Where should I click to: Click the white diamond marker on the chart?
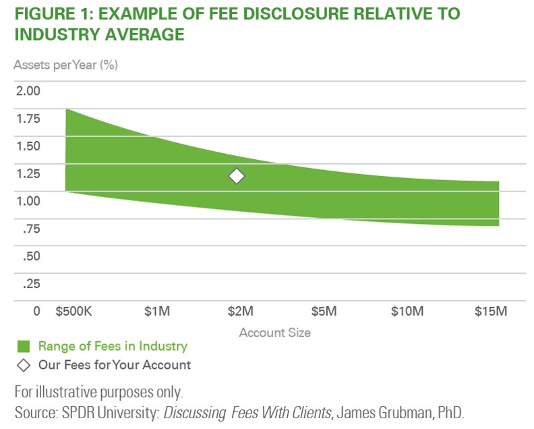point(236,176)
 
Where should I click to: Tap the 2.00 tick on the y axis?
point(28,91)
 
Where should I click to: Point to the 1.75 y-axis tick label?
point(28,119)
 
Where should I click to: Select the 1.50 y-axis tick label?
point(28,146)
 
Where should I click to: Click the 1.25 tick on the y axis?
point(28,173)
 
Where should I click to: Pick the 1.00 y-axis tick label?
point(28,200)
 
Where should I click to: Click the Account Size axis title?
point(274,333)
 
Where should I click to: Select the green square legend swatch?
point(24,347)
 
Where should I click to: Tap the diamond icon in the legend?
point(24,365)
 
